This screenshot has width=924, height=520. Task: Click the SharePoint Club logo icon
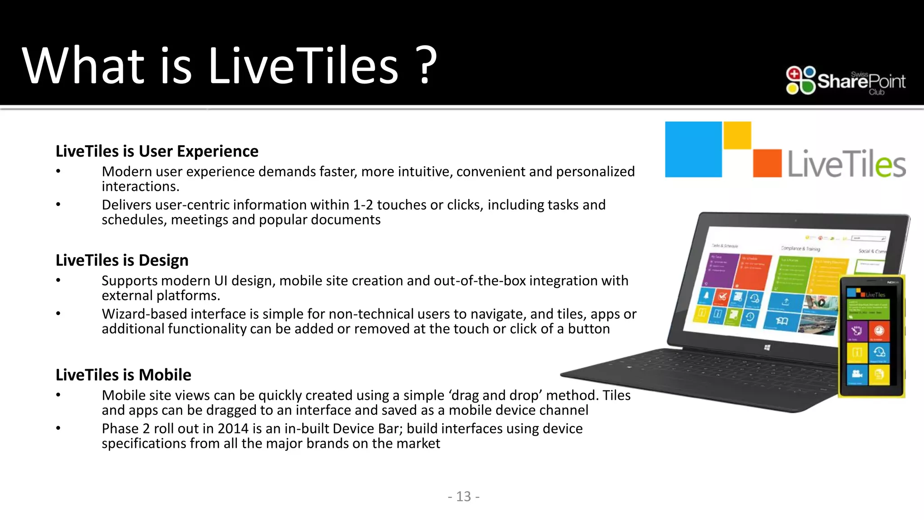pyautogui.click(x=800, y=80)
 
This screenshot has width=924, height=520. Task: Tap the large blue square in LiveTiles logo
pyautogui.click(x=693, y=149)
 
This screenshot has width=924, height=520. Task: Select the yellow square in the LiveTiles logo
pyautogui.click(x=737, y=135)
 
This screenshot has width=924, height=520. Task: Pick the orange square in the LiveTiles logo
pyautogui.click(x=767, y=163)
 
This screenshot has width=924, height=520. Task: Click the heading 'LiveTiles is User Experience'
pyautogui.click(x=157, y=151)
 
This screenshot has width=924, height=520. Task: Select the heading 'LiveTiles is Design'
pyautogui.click(x=122, y=260)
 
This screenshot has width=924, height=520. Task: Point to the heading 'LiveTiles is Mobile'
pyautogui.click(x=123, y=375)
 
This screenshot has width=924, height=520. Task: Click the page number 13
pyautogui.click(x=463, y=497)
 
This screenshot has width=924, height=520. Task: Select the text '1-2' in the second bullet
pyautogui.click(x=362, y=205)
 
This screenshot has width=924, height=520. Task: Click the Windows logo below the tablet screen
pyautogui.click(x=767, y=347)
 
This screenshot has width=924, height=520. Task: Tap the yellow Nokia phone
pyautogui.click(x=872, y=336)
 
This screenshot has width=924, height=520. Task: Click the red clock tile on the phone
pyautogui.click(x=879, y=331)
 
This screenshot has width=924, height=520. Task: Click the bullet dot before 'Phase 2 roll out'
pyautogui.click(x=58, y=428)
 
